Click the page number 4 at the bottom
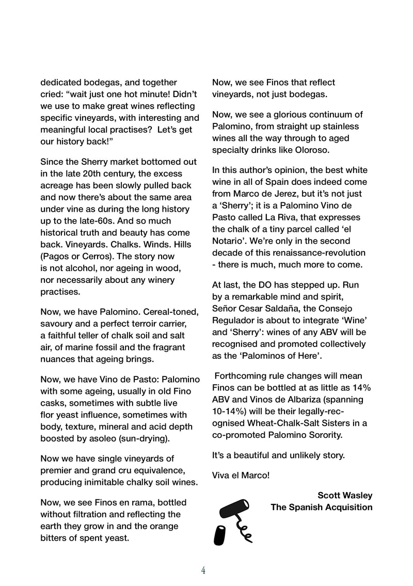[203, 570]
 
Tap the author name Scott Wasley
[345, 495]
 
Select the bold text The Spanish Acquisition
[322, 507]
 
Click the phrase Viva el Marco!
[241, 474]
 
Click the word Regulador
[233, 320]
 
